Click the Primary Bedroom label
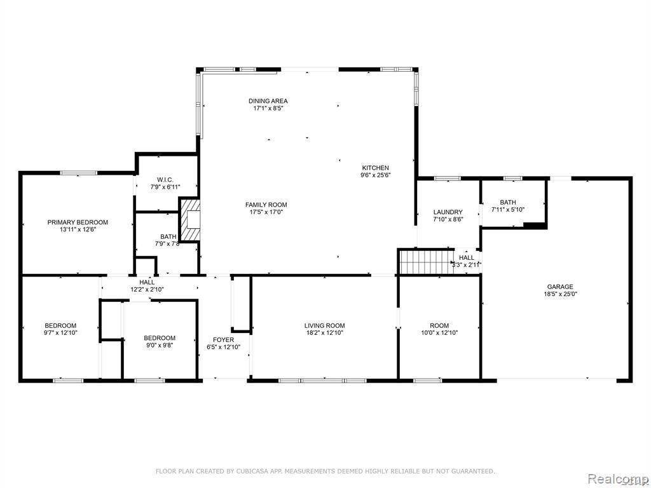click(x=78, y=222)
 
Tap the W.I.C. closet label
click(x=156, y=180)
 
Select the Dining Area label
click(x=268, y=101)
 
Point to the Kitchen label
click(x=376, y=168)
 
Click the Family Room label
click(x=266, y=205)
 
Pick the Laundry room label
click(x=448, y=212)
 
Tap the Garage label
click(x=560, y=287)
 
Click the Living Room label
click(x=324, y=326)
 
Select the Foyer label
click(x=223, y=340)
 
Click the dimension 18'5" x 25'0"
click(x=560, y=294)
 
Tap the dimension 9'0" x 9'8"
click(x=159, y=345)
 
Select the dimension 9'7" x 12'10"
click(x=60, y=332)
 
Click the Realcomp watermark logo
click(x=617, y=477)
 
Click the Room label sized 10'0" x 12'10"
click(x=439, y=326)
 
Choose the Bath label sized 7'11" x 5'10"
click(x=507, y=202)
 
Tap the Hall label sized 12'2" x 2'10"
click(x=147, y=282)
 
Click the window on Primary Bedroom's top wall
click(x=79, y=172)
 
